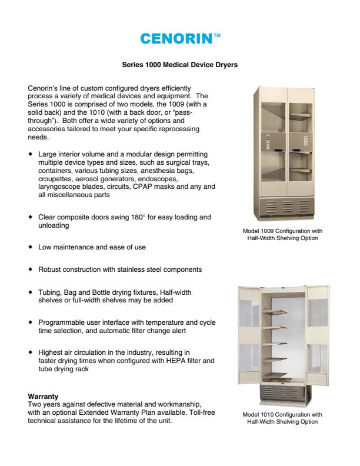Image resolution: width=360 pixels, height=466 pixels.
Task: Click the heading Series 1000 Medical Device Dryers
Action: (x=179, y=65)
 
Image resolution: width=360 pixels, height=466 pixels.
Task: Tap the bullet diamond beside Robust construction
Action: (x=31, y=269)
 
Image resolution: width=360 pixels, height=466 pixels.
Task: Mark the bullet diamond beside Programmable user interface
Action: (x=31, y=322)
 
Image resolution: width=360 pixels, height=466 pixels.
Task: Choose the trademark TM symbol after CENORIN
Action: (x=216, y=35)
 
